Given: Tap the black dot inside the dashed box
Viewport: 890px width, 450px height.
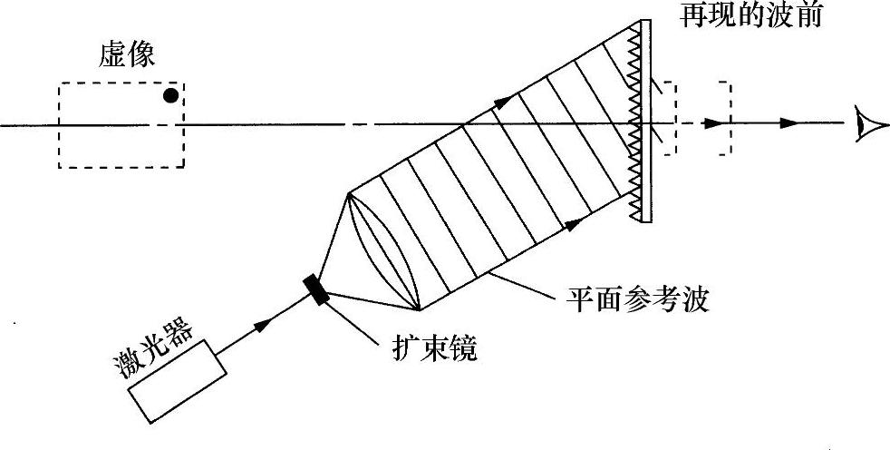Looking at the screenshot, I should [169, 94].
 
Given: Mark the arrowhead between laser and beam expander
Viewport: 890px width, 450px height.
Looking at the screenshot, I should [264, 323].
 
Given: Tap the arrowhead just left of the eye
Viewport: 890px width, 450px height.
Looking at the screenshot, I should [790, 123].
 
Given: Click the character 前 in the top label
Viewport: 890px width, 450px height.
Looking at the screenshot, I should [806, 15].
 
